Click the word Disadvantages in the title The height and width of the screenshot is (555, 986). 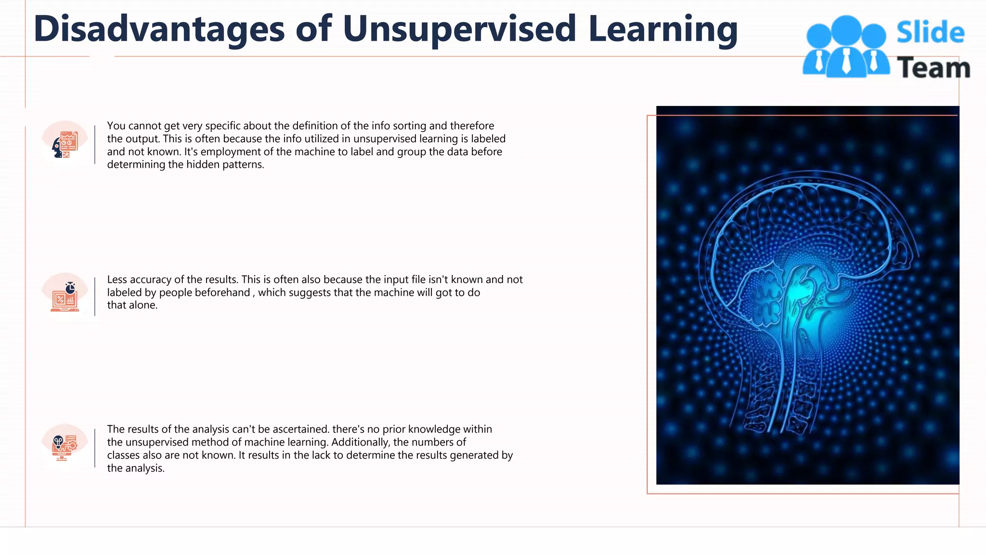coord(159,29)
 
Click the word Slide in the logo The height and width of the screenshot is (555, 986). coord(930,33)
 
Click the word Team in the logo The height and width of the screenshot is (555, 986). coord(933,67)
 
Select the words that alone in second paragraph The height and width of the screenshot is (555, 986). coord(132,305)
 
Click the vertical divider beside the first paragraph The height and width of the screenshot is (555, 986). coord(95,145)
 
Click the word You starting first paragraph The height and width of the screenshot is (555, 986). coord(116,126)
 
